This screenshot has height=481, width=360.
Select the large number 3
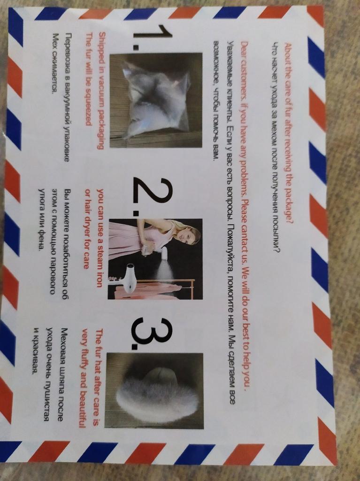tap(152, 334)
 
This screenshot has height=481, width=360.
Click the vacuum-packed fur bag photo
tap(156, 101)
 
